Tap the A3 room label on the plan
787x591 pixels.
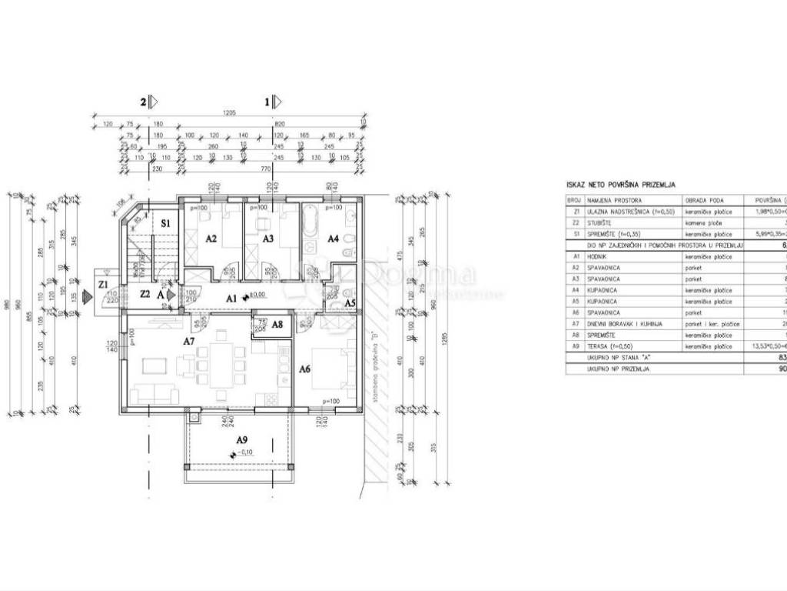click(x=267, y=239)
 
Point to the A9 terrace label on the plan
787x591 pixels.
click(x=241, y=439)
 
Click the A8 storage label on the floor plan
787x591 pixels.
click(x=277, y=325)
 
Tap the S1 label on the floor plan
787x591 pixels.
click(x=164, y=222)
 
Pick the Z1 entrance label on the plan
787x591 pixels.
click(x=103, y=283)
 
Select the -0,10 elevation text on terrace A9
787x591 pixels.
click(x=247, y=452)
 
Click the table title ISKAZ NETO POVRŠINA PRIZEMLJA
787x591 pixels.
click(x=620, y=185)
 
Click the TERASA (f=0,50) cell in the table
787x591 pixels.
click(x=612, y=347)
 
